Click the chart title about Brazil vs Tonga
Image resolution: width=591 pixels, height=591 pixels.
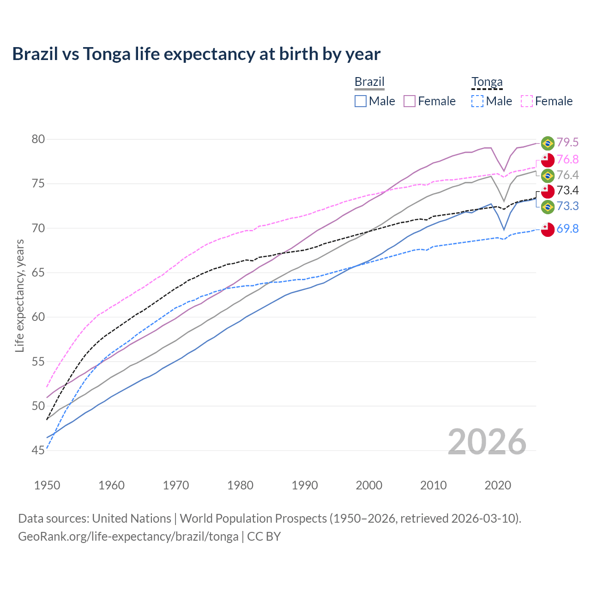pyautogui.click(x=196, y=54)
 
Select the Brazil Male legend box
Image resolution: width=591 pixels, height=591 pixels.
pyautogui.click(x=361, y=101)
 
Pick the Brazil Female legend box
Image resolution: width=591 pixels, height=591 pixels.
pyautogui.click(x=410, y=101)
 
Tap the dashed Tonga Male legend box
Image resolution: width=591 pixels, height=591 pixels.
pyautogui.click(x=477, y=101)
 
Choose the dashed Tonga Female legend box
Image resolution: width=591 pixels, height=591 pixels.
pyautogui.click(x=527, y=101)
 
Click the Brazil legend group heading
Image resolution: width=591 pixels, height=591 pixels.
pyautogui.click(x=369, y=82)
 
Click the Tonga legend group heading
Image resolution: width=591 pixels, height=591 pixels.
pyautogui.click(x=487, y=82)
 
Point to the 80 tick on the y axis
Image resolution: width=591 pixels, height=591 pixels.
pyautogui.click(x=38, y=139)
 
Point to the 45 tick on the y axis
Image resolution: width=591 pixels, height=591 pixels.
pyautogui.click(x=38, y=450)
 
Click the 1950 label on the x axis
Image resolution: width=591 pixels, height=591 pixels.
pyautogui.click(x=47, y=485)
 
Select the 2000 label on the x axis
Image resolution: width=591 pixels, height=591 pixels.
pyautogui.click(x=369, y=485)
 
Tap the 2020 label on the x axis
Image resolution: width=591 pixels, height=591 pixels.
pyautogui.click(x=498, y=485)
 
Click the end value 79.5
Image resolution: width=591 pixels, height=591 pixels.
pyautogui.click(x=567, y=143)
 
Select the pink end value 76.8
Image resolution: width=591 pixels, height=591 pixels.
pyautogui.click(x=567, y=160)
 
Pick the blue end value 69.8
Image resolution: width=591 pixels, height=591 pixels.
pyautogui.click(x=567, y=229)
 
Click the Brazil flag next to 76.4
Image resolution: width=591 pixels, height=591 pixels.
pyautogui.click(x=548, y=175)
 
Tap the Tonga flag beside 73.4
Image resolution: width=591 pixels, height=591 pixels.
pyautogui.click(x=548, y=191)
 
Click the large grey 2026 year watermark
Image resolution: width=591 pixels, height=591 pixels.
pyautogui.click(x=487, y=442)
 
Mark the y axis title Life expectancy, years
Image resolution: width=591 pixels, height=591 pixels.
pyautogui.click(x=19, y=295)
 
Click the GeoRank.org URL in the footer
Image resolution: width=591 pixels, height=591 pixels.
pyautogui.click(x=128, y=537)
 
